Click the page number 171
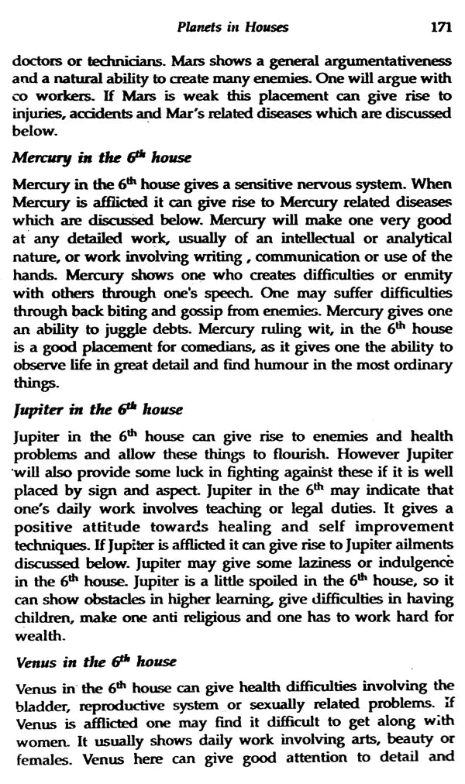tap(439, 28)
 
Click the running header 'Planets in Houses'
tap(232, 28)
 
